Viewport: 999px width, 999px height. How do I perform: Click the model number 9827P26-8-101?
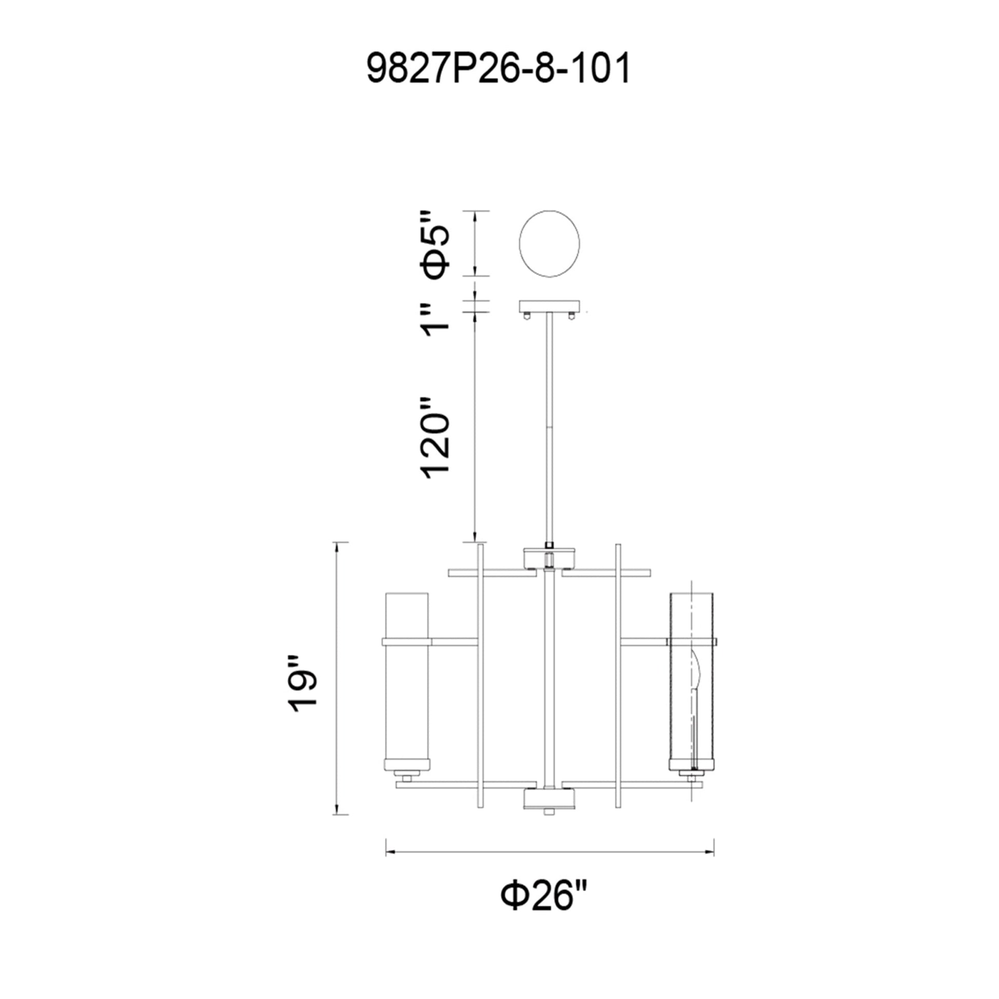[x=498, y=69]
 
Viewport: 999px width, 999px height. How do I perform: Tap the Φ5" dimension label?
[x=435, y=244]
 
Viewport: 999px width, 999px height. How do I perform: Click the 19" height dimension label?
[x=302, y=685]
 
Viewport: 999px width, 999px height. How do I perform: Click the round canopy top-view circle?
[x=549, y=243]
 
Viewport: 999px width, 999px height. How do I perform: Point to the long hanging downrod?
[x=549, y=424]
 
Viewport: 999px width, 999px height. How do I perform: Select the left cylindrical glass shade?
[x=407, y=688]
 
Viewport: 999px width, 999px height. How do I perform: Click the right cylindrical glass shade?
[x=691, y=688]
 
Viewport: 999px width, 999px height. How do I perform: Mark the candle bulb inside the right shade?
[x=696, y=672]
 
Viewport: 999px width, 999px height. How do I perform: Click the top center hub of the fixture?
[x=549, y=559]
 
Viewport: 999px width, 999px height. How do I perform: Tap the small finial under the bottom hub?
[x=549, y=826]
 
